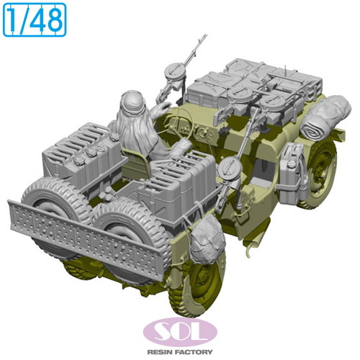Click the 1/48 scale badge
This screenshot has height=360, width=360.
coord(35,20)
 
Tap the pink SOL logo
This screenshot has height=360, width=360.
coord(180,332)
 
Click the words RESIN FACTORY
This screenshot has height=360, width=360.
coord(180,352)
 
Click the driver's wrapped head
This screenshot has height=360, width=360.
coord(132,102)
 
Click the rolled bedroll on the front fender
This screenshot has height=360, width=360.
coord(326,117)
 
